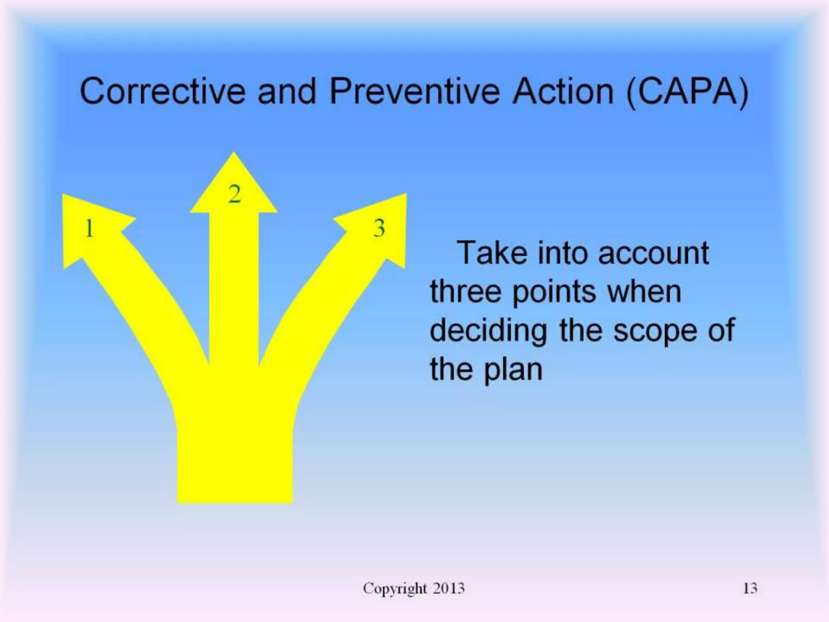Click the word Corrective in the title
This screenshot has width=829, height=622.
tap(162, 91)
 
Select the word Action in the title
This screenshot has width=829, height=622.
tap(563, 91)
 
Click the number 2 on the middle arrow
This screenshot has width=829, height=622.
tap(234, 194)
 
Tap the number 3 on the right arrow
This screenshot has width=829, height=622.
tap(379, 228)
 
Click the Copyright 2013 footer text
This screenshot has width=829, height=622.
tap(414, 588)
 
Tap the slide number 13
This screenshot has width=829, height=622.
tap(750, 588)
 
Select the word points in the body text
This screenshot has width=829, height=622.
tap(554, 292)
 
